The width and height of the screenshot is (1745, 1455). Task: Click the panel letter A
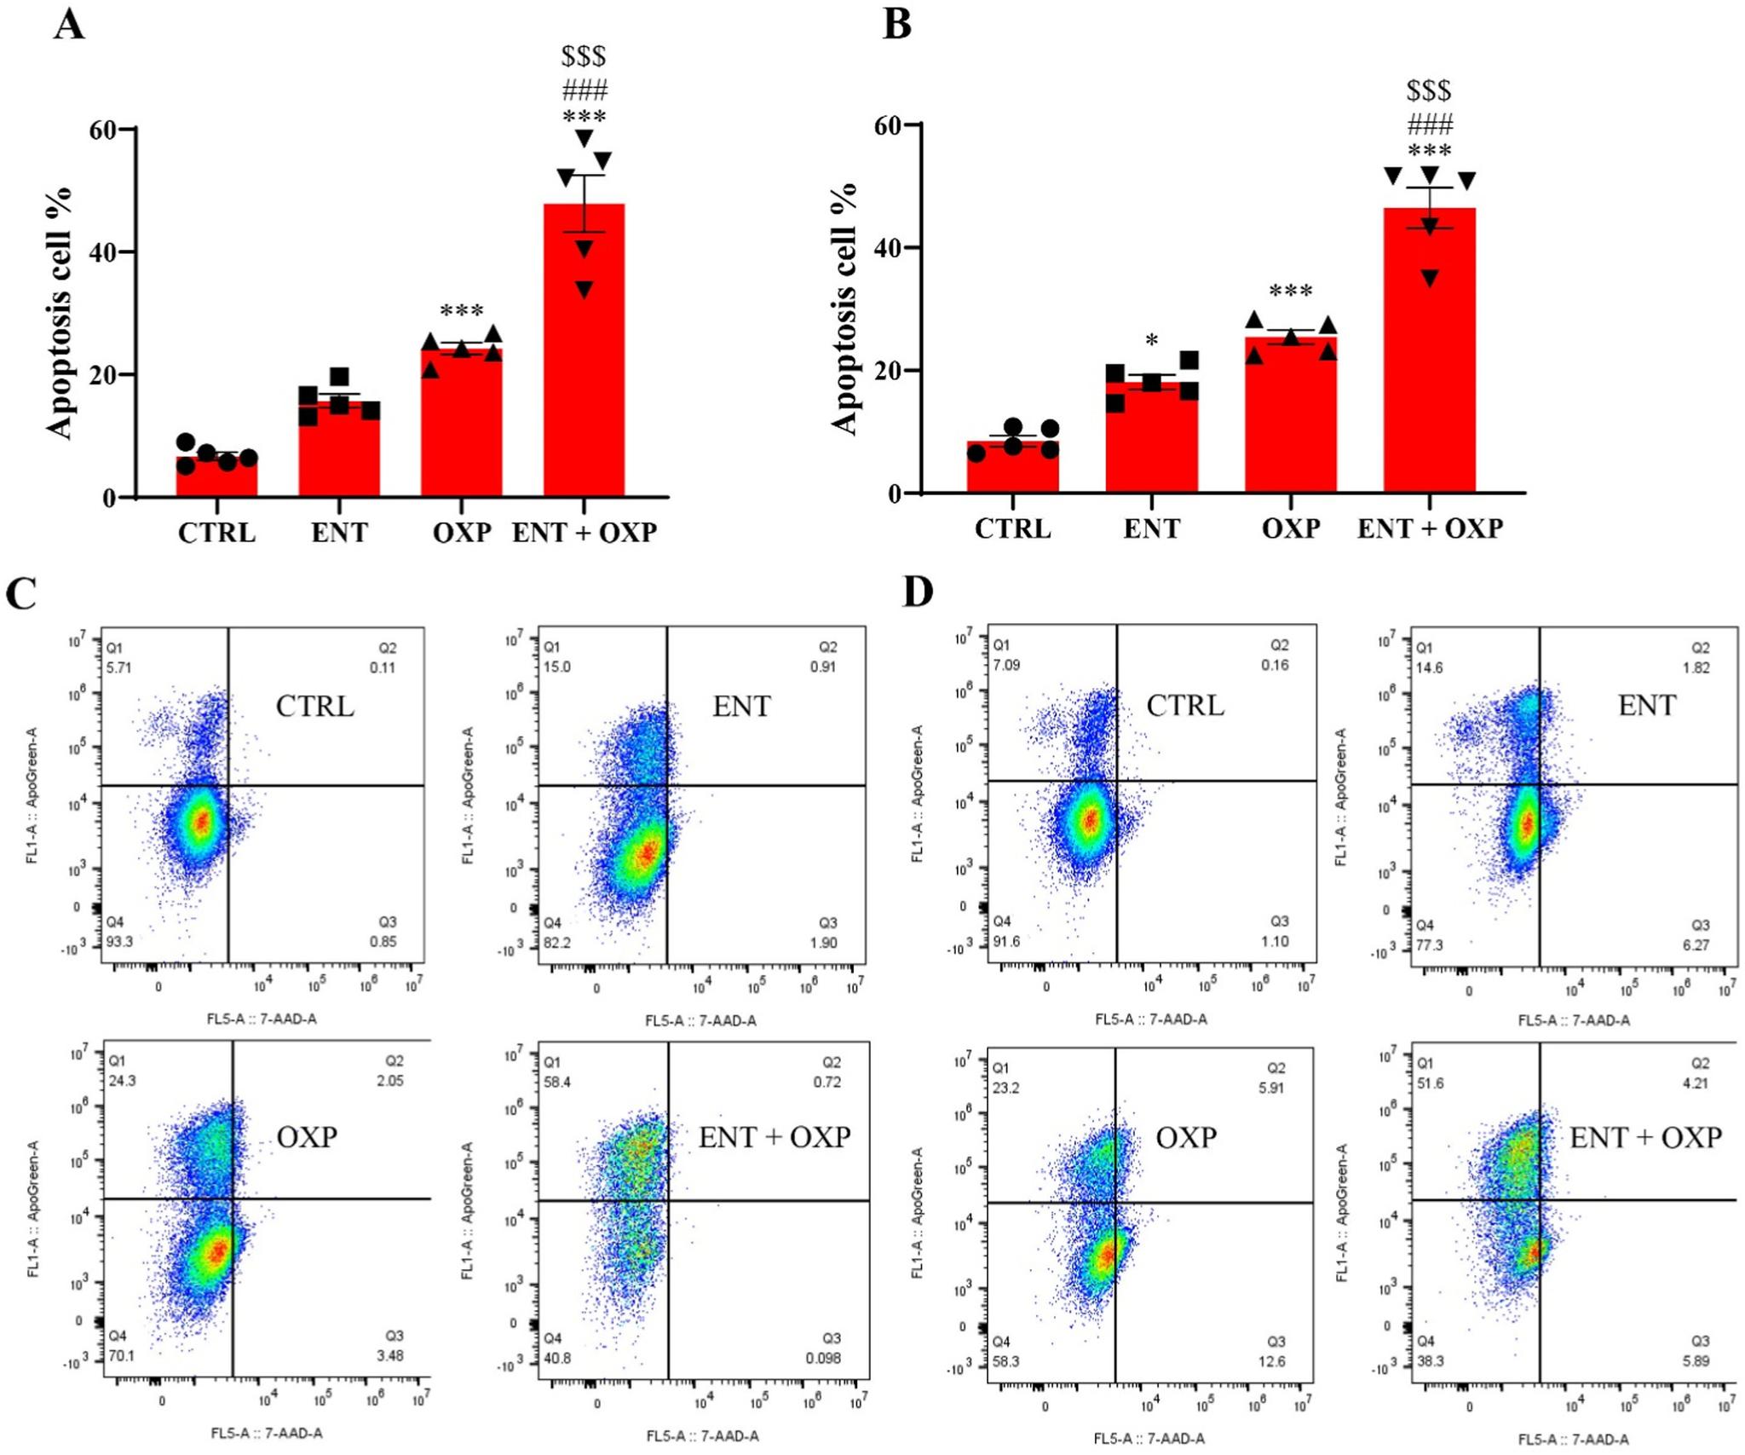pos(69,25)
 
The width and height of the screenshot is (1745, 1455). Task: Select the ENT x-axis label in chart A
pos(339,533)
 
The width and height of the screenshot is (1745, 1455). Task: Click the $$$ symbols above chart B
pos(1429,90)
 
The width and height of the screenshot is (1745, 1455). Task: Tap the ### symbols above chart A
pos(585,89)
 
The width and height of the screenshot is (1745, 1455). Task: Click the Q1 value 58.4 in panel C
pos(558,1082)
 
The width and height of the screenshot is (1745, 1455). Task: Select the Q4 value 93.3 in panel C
pos(119,942)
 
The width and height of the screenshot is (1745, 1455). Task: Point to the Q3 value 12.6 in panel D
pos(1271,1361)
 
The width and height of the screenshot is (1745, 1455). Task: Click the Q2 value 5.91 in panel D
pos(1270,1088)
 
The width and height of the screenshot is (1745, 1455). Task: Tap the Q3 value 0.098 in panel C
pos(823,1358)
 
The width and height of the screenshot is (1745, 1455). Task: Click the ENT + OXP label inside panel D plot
pos(1645,1137)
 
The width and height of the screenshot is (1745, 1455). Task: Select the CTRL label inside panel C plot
pos(314,706)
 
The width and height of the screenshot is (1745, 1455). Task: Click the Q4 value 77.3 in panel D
pos(1429,945)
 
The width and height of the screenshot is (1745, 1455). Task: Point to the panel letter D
pos(918,592)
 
